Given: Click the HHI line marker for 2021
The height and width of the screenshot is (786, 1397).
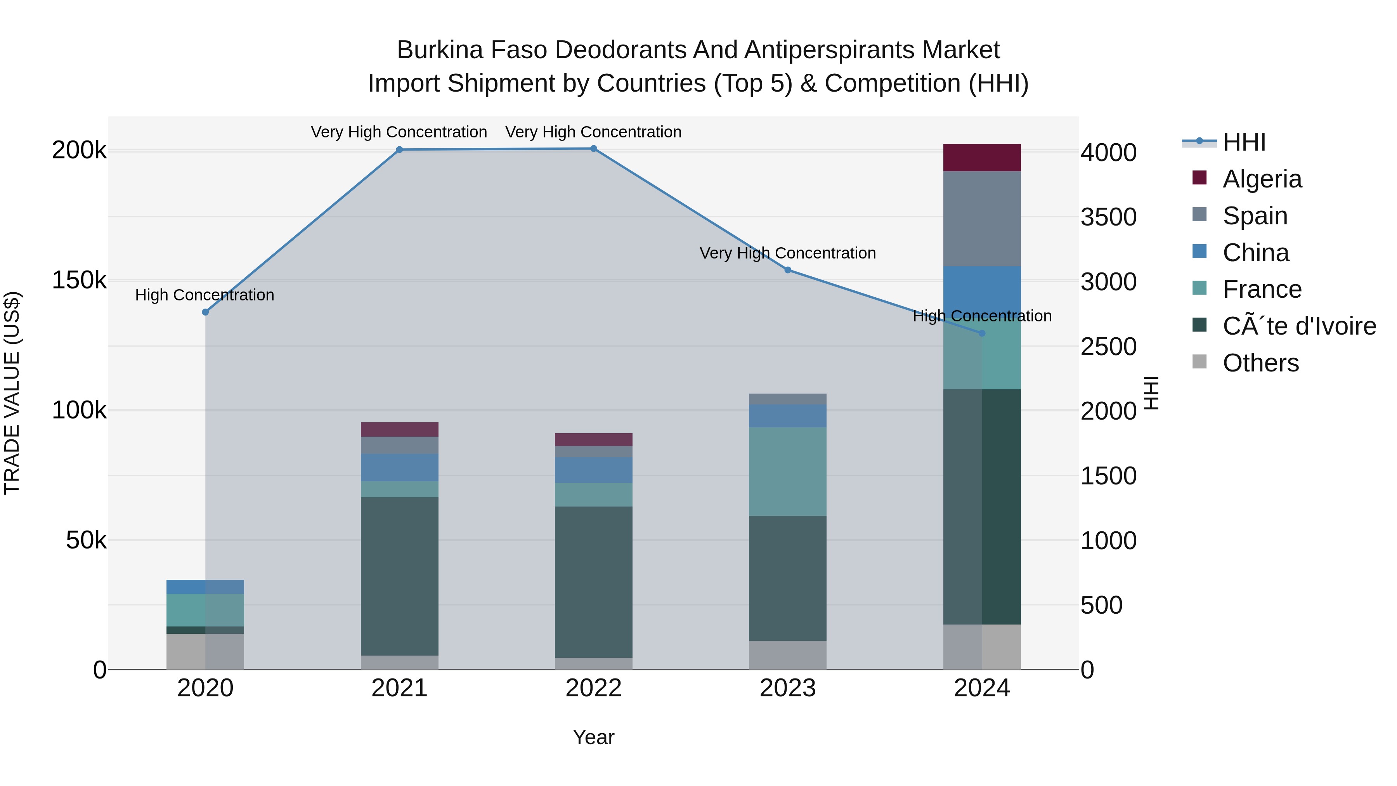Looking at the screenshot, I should pyautogui.click(x=399, y=150).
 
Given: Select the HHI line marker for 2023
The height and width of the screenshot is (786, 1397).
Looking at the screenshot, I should pyautogui.click(x=787, y=270).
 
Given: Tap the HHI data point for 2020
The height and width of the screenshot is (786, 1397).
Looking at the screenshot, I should pyautogui.click(x=205, y=312).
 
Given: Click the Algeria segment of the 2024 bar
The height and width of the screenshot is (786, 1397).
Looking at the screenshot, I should pyautogui.click(x=982, y=158).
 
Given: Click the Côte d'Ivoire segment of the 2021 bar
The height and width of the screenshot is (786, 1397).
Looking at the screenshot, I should pyautogui.click(x=399, y=576).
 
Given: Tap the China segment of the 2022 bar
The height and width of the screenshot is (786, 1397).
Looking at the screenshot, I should pyautogui.click(x=593, y=470).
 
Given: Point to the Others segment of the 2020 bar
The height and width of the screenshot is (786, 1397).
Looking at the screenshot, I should pyautogui.click(x=205, y=651).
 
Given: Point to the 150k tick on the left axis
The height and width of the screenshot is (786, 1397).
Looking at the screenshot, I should pyautogui.click(x=79, y=281).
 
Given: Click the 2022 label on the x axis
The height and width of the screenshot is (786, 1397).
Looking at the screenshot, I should pyautogui.click(x=593, y=688).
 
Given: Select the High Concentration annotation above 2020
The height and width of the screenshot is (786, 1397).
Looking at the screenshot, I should pyautogui.click(x=205, y=295).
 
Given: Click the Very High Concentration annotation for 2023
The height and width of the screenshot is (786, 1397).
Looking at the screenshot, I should pyautogui.click(x=787, y=253).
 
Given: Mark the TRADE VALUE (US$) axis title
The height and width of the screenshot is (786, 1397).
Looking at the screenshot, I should pyautogui.click(x=12, y=393).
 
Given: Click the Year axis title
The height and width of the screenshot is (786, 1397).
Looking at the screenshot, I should pyautogui.click(x=593, y=737).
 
